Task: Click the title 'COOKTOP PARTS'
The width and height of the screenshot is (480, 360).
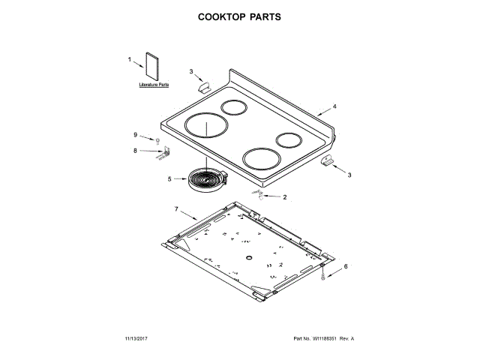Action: click(240, 16)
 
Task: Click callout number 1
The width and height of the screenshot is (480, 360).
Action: click(130, 59)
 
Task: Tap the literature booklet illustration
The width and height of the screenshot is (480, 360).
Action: click(153, 67)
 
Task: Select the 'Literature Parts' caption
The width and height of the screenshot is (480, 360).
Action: click(154, 87)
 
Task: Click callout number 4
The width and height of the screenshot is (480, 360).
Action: click(334, 106)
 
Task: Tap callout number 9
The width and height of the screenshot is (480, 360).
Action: click(136, 135)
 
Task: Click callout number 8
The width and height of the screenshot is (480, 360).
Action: click(136, 151)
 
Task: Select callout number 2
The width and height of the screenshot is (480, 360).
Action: click(284, 197)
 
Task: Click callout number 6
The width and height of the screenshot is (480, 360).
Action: click(346, 266)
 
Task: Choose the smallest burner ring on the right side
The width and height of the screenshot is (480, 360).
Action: click(289, 140)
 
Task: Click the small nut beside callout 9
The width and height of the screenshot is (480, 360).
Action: click(158, 140)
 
